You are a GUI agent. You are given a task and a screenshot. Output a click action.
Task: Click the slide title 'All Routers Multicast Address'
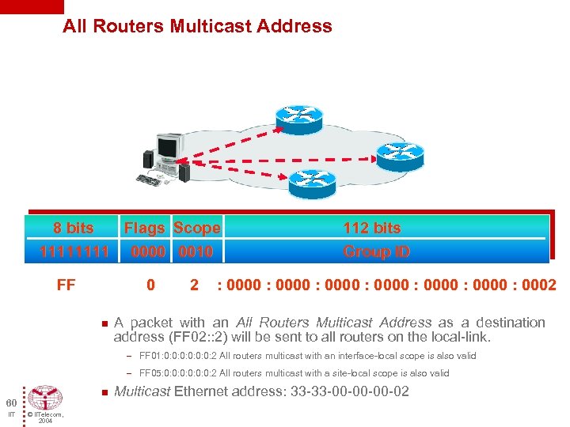pos(197,26)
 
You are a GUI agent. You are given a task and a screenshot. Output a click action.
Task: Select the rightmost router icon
pos(400,155)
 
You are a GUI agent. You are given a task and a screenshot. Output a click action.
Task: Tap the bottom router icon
pos(312,184)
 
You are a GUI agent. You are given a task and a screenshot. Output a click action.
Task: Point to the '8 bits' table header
pos(73,228)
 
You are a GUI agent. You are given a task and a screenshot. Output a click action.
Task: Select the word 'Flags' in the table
pos(145,228)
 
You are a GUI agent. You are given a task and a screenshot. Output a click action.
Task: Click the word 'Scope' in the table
pos(196,228)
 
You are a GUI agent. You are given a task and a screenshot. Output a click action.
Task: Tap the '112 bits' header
pos(371,228)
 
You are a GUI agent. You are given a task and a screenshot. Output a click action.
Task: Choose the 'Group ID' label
pos(376,252)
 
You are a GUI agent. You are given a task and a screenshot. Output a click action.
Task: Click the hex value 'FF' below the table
pos(66,285)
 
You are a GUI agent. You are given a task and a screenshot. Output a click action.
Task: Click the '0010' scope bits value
pos(196,252)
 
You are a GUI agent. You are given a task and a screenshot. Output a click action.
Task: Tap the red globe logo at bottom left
pos(44,399)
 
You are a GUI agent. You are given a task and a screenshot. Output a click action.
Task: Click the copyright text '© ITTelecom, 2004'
pos(44,418)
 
